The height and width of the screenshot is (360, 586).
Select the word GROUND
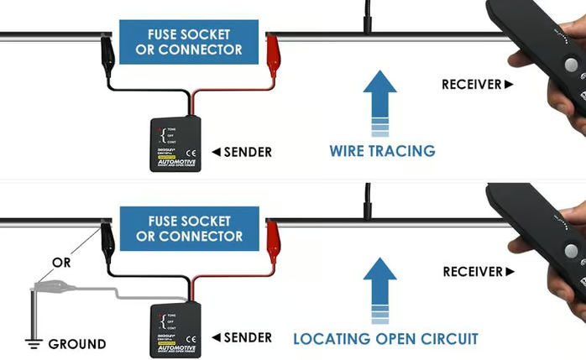[x=76, y=344]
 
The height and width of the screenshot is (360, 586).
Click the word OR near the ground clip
[x=60, y=263]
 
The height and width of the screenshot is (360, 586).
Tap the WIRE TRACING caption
[x=382, y=151]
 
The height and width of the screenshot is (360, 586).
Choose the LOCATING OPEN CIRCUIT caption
[x=385, y=339]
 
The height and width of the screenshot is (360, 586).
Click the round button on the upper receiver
[x=571, y=65]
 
